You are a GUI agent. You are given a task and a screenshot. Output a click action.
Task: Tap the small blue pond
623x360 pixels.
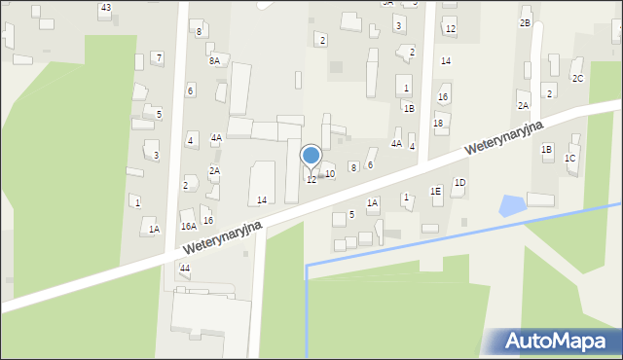(x=511, y=205)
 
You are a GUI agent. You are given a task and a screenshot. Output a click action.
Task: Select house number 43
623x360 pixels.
(x=105, y=8)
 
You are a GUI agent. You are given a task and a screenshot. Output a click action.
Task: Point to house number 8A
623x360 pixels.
(x=214, y=60)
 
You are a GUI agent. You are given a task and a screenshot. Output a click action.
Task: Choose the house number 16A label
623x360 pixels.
(x=188, y=226)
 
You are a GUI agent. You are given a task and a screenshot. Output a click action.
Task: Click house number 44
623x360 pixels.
(x=185, y=267)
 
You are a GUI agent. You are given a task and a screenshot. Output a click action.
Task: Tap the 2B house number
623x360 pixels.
(x=525, y=22)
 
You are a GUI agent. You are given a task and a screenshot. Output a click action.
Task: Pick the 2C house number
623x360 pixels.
(x=577, y=78)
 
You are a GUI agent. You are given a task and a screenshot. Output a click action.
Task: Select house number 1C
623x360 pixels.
(x=570, y=158)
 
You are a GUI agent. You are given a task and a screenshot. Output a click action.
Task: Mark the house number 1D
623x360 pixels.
(x=459, y=182)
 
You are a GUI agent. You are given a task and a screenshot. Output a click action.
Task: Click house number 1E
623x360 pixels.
(x=436, y=191)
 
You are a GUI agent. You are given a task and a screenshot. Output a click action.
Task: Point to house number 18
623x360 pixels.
(x=438, y=123)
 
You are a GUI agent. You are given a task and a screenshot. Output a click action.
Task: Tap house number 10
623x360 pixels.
(x=330, y=173)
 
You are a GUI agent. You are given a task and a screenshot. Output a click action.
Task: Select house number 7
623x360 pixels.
(x=159, y=57)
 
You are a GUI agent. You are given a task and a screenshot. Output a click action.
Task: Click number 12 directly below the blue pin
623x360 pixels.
(x=311, y=179)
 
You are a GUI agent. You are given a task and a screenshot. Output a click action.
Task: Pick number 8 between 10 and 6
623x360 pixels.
(x=353, y=167)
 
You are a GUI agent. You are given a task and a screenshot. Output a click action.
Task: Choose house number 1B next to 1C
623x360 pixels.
(x=547, y=149)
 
